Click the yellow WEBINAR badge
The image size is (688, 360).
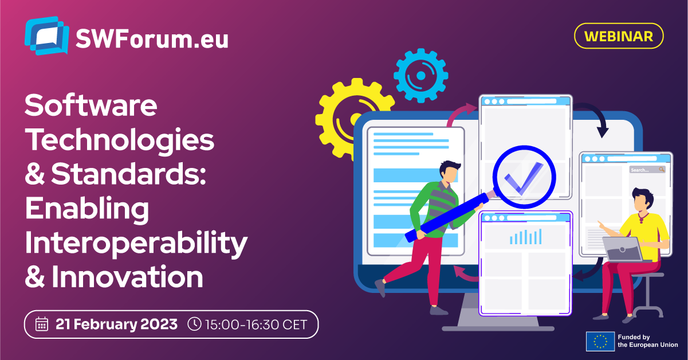[619, 36]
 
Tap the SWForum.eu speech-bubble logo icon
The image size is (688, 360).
[46, 36]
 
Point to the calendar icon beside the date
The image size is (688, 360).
[41, 324]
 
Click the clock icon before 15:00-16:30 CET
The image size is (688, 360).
[194, 324]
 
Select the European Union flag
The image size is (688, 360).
[600, 341]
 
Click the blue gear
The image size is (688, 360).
[421, 76]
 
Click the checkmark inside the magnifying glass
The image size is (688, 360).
[524, 178]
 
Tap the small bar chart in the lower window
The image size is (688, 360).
[525, 236]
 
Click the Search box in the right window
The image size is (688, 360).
[647, 170]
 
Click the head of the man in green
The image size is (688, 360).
[449, 173]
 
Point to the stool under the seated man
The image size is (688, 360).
[647, 295]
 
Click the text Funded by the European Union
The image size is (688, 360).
[648, 341]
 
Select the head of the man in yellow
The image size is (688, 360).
[642, 200]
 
